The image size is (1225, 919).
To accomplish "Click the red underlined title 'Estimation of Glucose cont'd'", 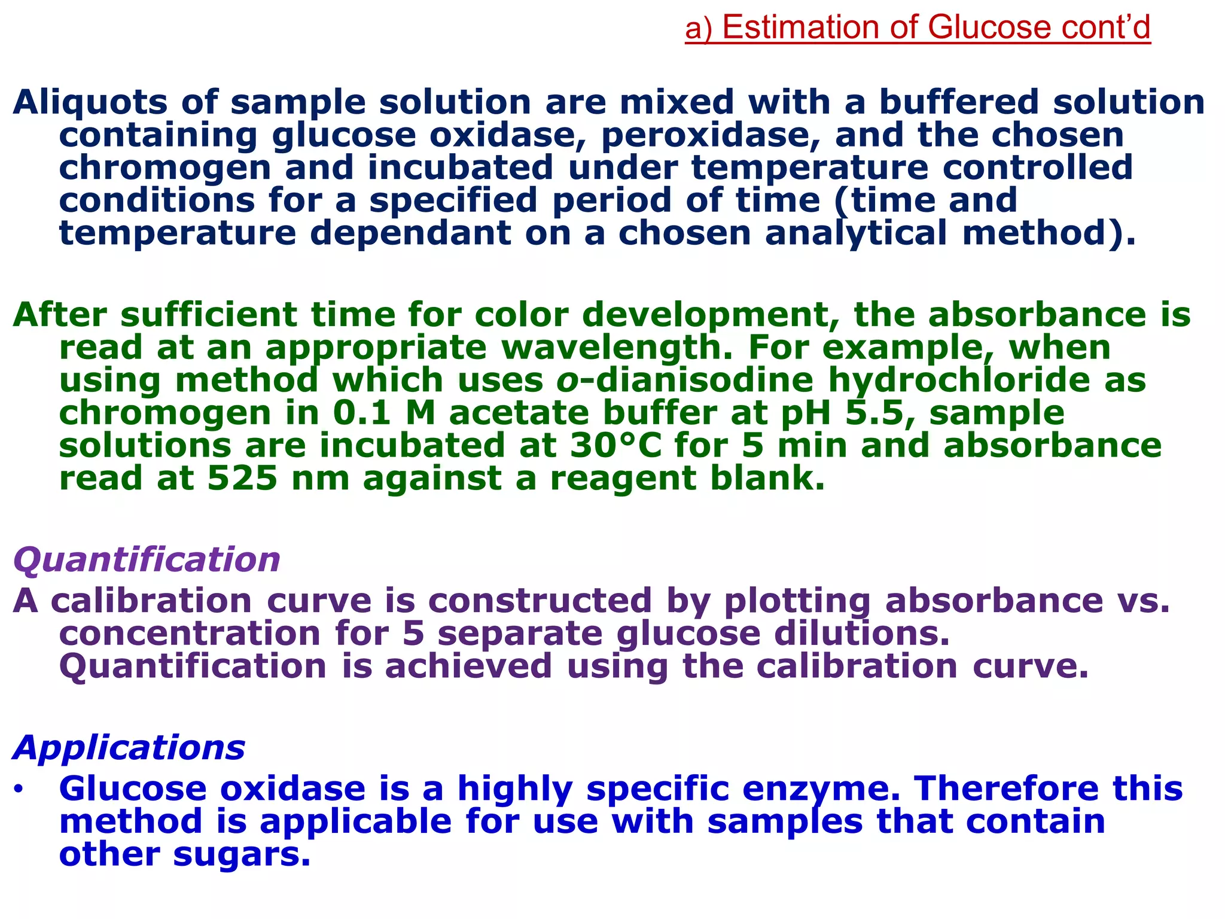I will [x=918, y=28].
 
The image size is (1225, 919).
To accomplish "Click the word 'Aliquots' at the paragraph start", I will [x=90, y=102].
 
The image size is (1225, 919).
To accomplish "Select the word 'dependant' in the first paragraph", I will [x=411, y=233].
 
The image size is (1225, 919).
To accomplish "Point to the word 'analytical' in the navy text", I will [x=856, y=233].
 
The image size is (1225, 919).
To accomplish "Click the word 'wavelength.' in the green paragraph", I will [x=617, y=348].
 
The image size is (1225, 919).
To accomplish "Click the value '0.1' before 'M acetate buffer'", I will [x=362, y=413].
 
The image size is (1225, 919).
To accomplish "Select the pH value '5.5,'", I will [x=880, y=413].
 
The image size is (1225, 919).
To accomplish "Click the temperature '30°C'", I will [x=615, y=446].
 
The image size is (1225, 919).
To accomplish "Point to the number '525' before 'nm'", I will [x=242, y=479].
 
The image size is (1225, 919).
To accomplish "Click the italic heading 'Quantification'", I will [x=147, y=560].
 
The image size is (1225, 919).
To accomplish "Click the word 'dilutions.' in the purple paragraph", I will [x=862, y=634].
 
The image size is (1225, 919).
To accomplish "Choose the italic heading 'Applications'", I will [x=129, y=748].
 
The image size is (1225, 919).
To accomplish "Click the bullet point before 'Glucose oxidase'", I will [x=19, y=790].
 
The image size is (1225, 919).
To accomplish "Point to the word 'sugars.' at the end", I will [x=242, y=854].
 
